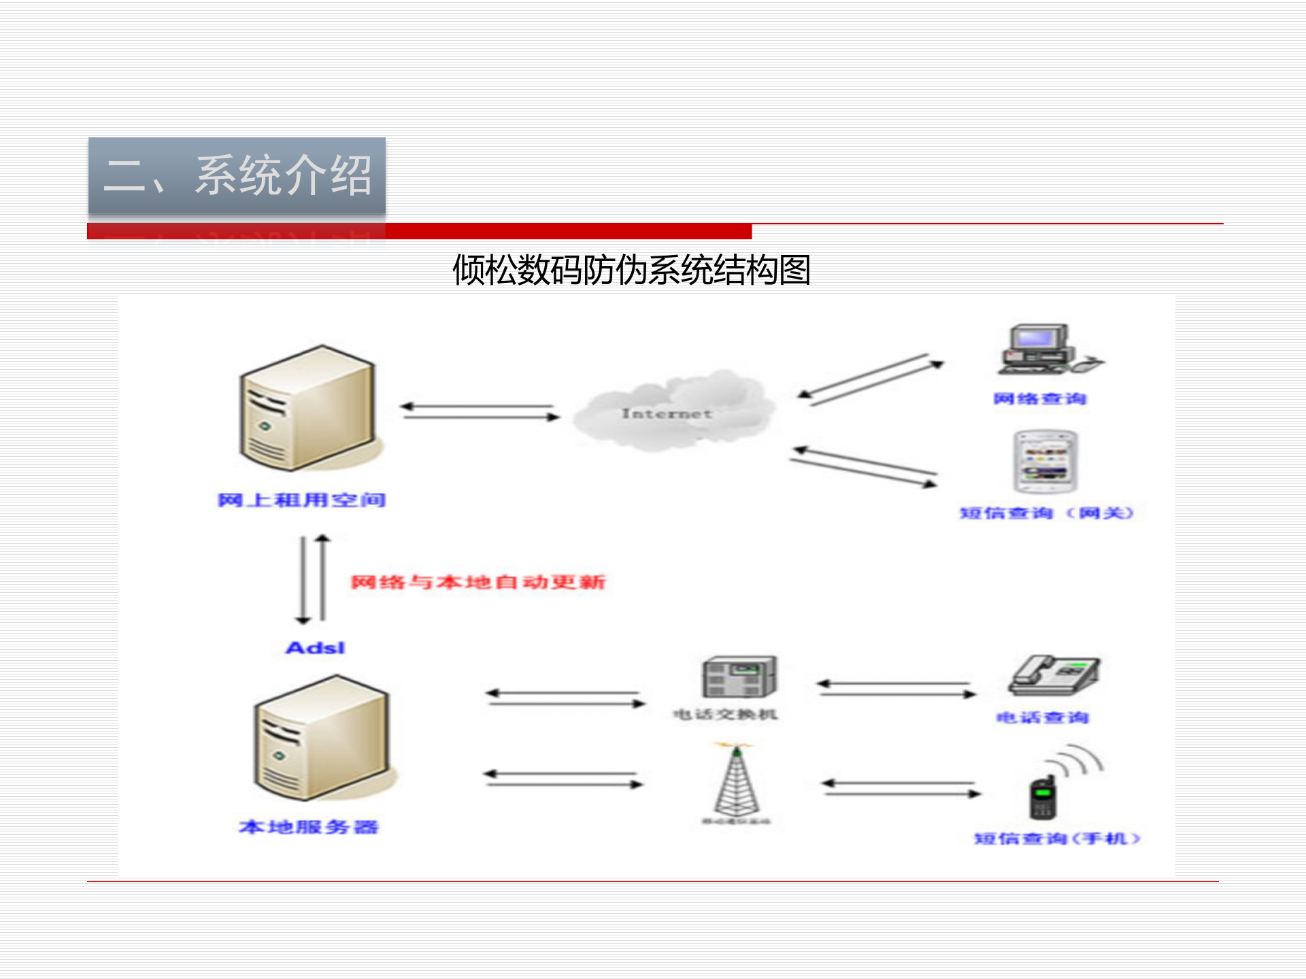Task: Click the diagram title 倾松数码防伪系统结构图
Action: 631,270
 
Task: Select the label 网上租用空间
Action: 301,500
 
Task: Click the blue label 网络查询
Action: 1039,399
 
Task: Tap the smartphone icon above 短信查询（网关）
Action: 1045,462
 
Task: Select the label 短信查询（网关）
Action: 1046,513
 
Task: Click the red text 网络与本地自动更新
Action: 478,583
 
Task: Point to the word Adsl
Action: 315,648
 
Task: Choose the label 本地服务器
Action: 308,827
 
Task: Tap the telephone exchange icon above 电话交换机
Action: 739,677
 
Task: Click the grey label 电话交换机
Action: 725,715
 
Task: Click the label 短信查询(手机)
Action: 1056,839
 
